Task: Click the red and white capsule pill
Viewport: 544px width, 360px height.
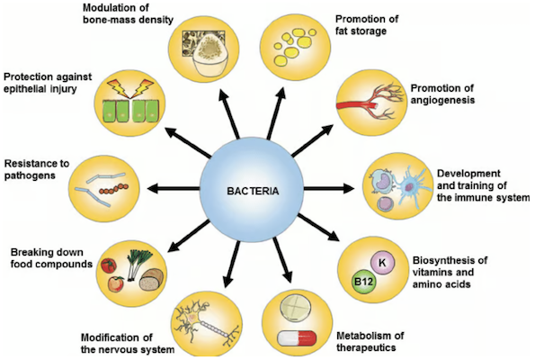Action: click(x=296, y=337)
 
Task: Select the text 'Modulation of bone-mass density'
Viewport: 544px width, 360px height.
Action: click(x=128, y=15)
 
